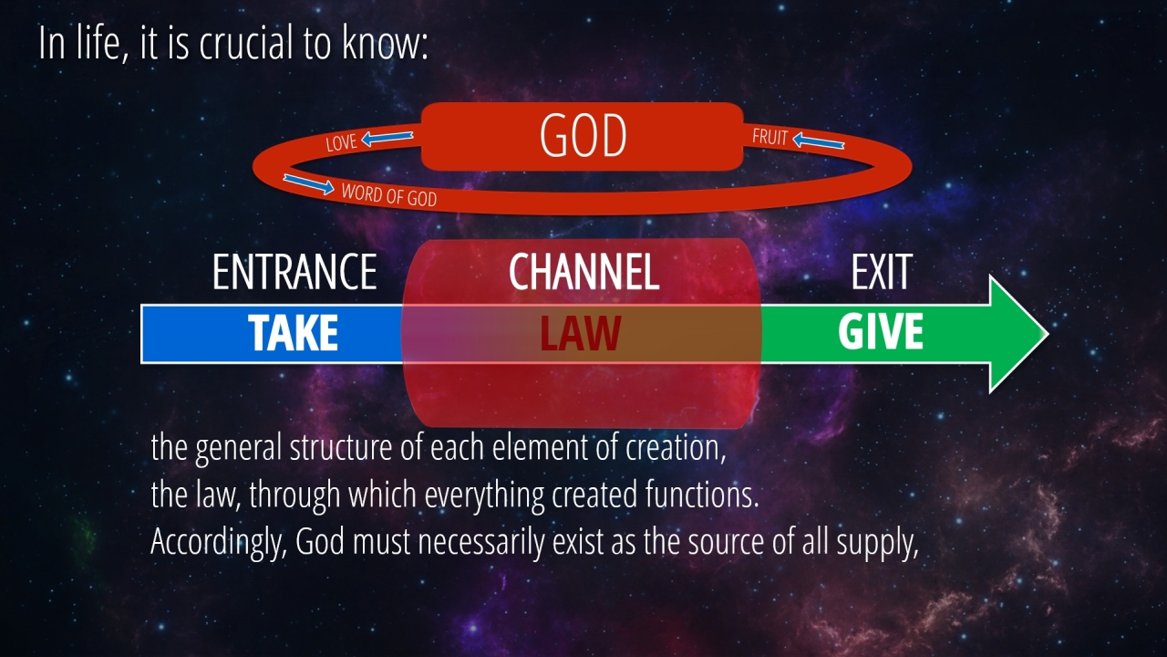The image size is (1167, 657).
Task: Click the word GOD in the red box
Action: (x=583, y=136)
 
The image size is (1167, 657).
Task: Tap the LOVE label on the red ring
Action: (x=341, y=142)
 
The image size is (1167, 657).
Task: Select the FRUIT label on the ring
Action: (x=769, y=137)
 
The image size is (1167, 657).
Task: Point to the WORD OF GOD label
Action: (x=388, y=195)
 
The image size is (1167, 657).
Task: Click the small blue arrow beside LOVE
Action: (x=387, y=138)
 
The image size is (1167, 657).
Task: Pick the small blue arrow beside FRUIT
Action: (x=819, y=141)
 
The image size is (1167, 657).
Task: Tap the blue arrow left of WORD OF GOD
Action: (x=308, y=184)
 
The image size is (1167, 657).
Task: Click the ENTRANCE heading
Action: (x=294, y=272)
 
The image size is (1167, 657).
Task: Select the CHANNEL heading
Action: (x=584, y=272)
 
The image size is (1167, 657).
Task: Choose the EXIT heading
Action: (x=882, y=272)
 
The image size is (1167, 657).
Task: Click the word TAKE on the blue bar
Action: (x=294, y=333)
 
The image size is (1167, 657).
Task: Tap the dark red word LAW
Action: (x=581, y=333)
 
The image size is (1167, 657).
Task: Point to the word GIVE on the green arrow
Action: (x=881, y=332)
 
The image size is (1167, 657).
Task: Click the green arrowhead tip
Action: (x=1048, y=334)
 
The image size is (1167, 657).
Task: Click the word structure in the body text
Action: (x=341, y=447)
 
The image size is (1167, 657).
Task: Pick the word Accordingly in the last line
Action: (x=219, y=543)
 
